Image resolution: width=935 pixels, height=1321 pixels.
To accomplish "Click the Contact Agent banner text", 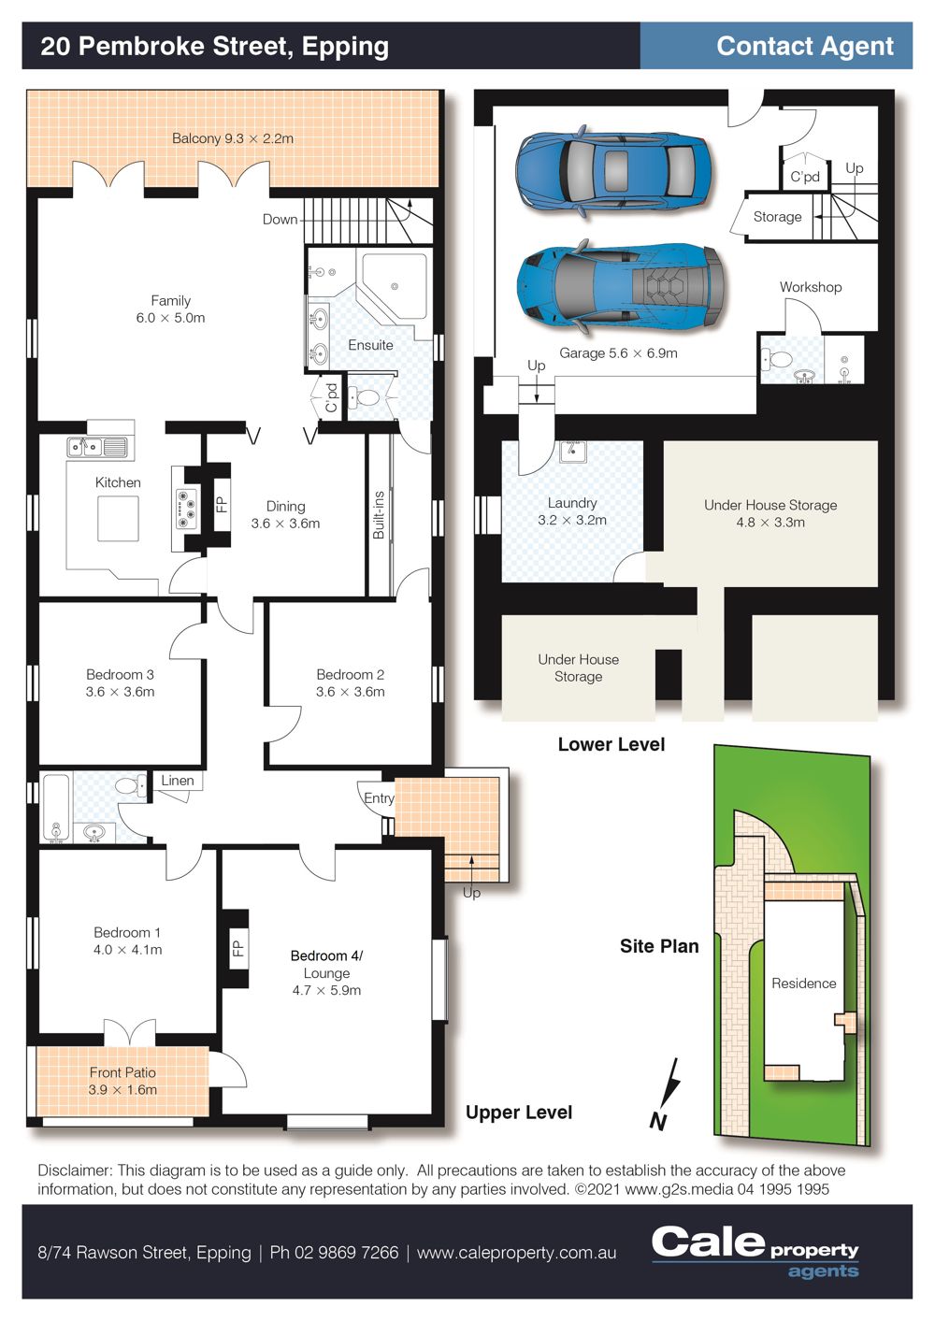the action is [x=805, y=46].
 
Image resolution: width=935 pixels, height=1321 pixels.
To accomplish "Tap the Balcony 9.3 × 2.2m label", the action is [x=233, y=138].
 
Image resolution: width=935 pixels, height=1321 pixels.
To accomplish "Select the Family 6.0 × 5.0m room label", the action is [x=170, y=309].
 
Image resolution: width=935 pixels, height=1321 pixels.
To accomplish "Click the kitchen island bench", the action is [x=118, y=518].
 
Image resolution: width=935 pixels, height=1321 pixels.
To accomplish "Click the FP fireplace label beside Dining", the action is [x=222, y=505].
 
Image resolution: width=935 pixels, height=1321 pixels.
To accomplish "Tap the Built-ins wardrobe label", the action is [x=379, y=515].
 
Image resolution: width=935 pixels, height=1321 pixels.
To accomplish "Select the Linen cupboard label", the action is [x=178, y=781].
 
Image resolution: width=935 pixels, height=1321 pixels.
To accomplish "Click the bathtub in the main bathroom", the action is [x=56, y=808].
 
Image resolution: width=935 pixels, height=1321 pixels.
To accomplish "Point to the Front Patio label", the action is [x=122, y=1081].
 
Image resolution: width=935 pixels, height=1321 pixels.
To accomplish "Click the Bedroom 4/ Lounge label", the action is [x=327, y=972].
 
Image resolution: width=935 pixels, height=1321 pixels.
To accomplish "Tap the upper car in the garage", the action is [x=612, y=170].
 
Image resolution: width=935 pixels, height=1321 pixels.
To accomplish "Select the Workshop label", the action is [x=811, y=287].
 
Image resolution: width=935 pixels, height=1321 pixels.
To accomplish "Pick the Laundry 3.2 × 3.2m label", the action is [x=571, y=511].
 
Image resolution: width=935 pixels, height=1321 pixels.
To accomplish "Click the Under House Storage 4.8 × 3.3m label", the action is [x=770, y=513].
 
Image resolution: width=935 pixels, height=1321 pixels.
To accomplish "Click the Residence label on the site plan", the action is [x=803, y=984].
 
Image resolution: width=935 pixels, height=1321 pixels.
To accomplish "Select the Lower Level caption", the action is [x=611, y=744].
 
